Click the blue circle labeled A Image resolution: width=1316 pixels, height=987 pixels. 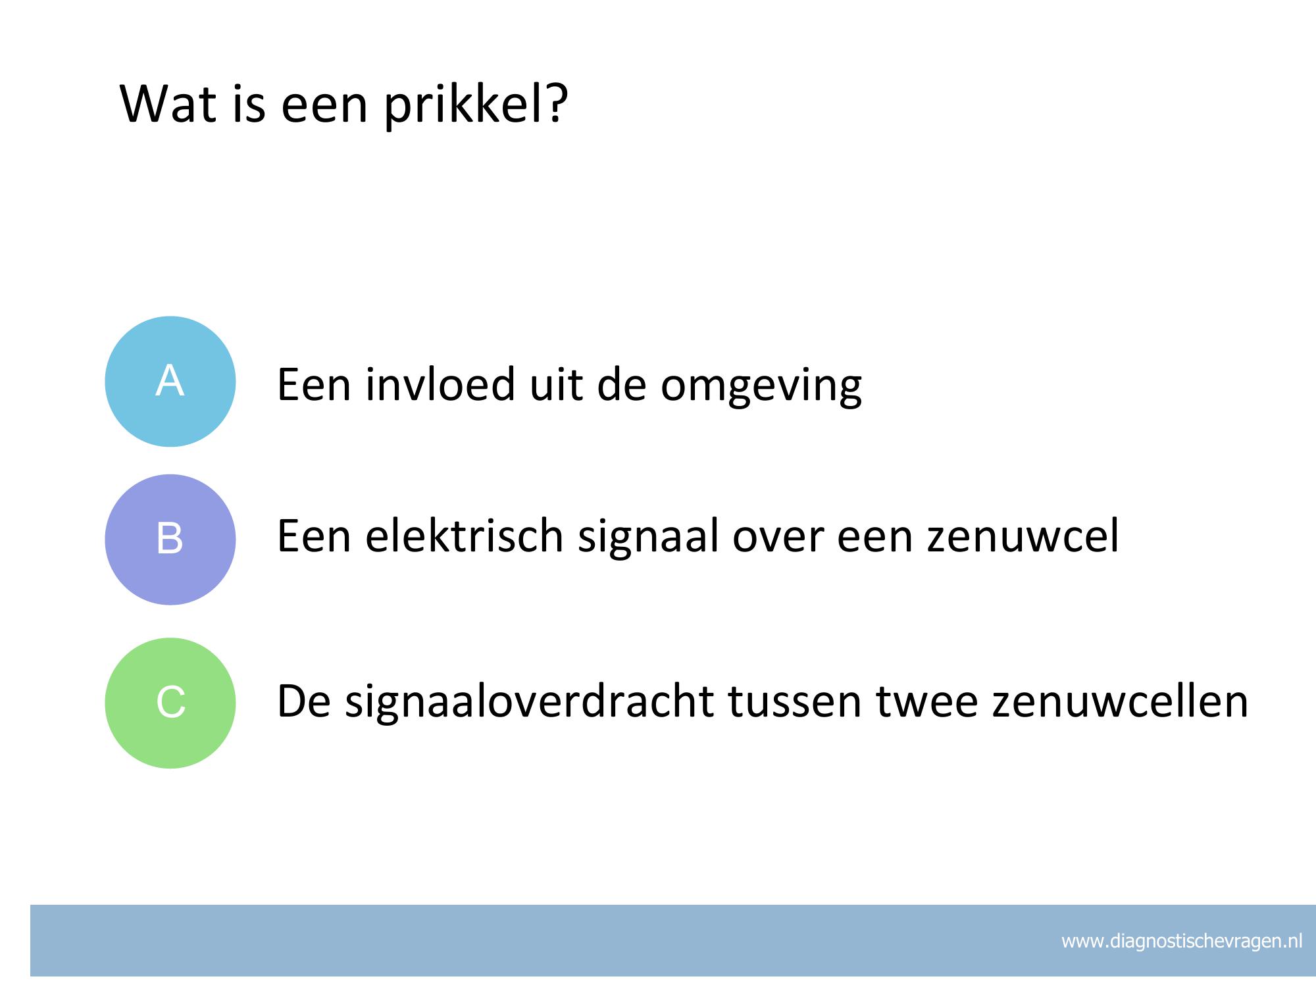click(x=170, y=382)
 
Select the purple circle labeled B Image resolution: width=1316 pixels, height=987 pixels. click(x=170, y=540)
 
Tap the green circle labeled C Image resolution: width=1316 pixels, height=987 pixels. click(x=170, y=703)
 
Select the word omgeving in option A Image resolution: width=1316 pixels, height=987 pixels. click(x=761, y=388)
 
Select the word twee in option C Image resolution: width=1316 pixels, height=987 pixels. click(x=927, y=702)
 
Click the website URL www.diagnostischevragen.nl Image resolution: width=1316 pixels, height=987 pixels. click(x=1182, y=941)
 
